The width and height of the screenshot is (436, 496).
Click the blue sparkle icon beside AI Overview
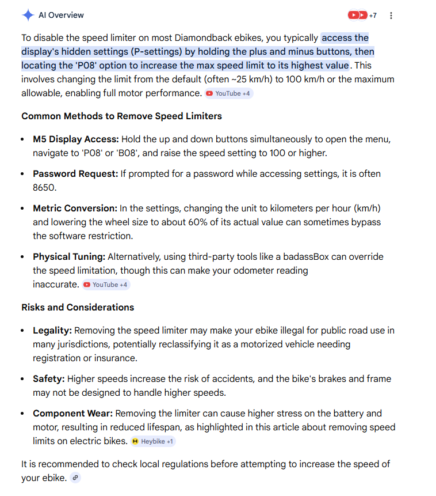tap(28, 15)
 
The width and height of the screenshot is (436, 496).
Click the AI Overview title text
tap(61, 15)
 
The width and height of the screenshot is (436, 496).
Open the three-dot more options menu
tap(391, 16)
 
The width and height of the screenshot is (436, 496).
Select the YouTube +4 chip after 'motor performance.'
tap(228, 93)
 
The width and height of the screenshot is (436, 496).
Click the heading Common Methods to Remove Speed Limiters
tap(121, 116)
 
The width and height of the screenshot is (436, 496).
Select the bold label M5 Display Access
tap(75, 139)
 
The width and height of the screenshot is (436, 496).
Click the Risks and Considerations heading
tap(78, 307)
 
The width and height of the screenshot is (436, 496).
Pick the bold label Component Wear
tap(72, 414)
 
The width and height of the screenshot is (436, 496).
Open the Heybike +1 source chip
tap(152, 441)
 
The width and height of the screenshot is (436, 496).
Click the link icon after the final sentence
tap(75, 478)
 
